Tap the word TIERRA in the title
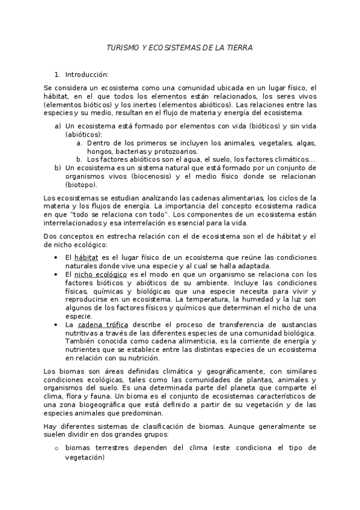click(239, 47)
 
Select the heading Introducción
click(87, 75)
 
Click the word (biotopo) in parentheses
click(81, 185)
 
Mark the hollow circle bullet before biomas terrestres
click(56, 449)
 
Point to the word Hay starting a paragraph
click(50, 426)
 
